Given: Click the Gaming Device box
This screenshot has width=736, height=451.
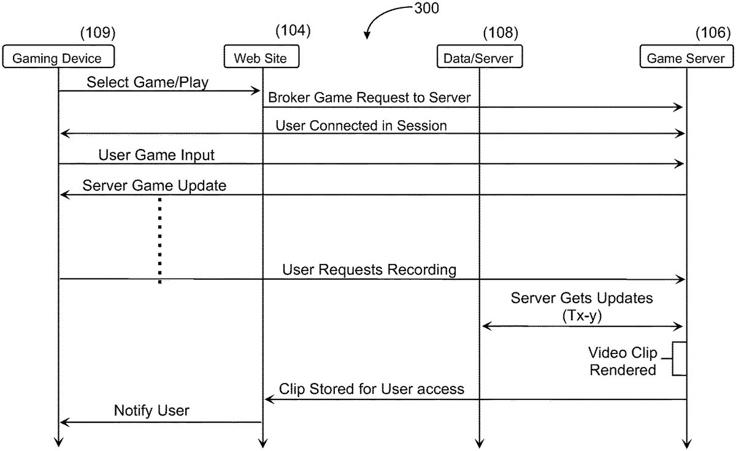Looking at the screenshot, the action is point(58,56).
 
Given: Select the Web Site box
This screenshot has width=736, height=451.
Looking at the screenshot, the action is point(261,56).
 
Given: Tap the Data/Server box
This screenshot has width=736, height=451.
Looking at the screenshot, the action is point(480,56).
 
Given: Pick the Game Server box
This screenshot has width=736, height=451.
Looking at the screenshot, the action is point(687,56).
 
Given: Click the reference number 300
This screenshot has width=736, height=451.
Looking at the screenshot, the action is point(426,8).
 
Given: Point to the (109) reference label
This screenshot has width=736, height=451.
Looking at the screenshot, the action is point(98,33).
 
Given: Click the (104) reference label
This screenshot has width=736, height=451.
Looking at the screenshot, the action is point(293,30).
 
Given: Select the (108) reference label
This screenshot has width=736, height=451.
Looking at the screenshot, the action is point(500,33).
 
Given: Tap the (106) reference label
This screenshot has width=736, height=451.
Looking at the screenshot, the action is point(713,33).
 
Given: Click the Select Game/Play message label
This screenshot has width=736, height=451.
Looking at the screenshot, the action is point(148,82).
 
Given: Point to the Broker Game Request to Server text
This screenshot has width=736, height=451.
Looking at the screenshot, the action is point(369,98).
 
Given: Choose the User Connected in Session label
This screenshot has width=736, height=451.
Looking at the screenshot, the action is point(361,126).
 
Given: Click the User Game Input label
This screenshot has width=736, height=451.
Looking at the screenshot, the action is point(156,155).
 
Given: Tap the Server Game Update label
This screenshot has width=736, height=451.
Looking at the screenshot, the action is point(155,185).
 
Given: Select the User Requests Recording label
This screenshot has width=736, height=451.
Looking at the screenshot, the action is point(369,269).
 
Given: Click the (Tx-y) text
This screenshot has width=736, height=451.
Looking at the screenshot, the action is point(582,316).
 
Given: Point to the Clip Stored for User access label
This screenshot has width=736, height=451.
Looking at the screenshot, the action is point(372,389).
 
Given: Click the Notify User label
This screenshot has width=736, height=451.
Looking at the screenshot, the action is point(151,411).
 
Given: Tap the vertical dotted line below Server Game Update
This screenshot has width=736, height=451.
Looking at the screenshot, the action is point(160,241).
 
